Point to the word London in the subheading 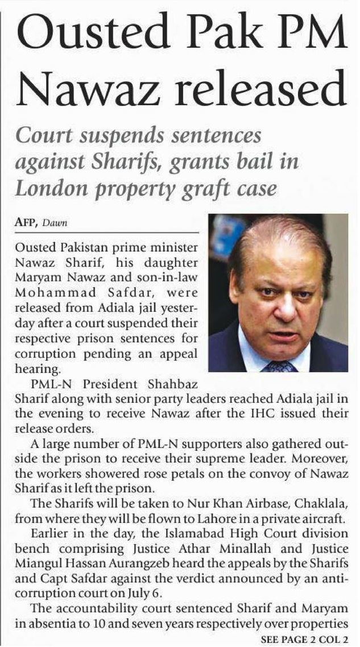[47, 188]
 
